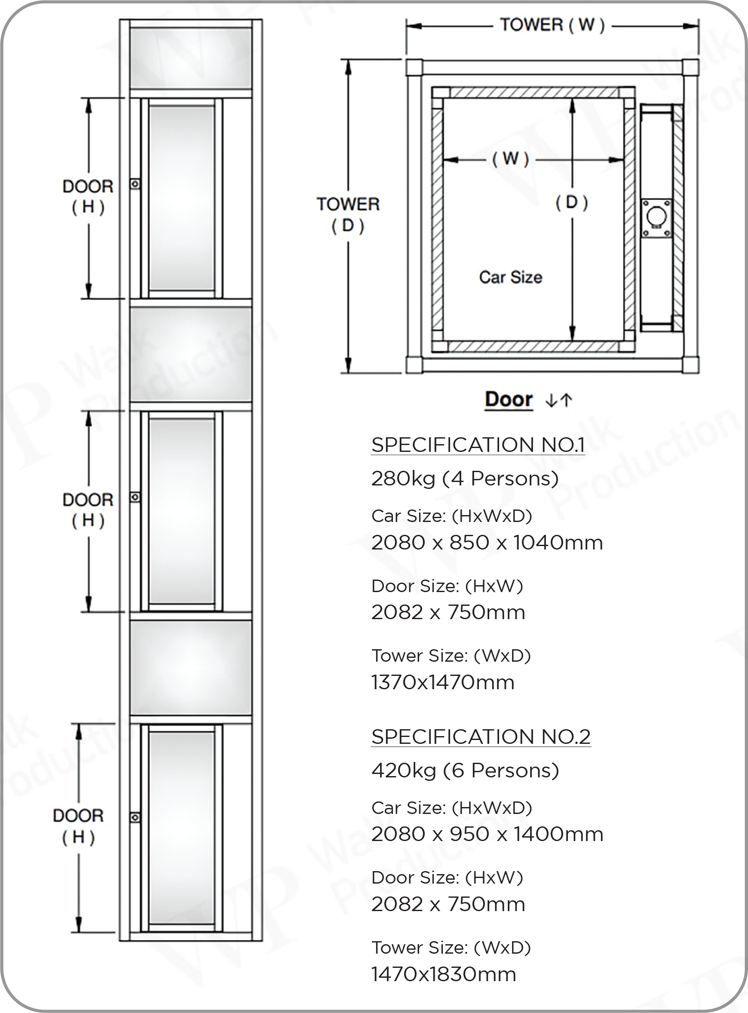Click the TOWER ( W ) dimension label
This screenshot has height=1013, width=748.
pos(552,25)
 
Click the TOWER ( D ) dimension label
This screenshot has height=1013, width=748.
pos(348,215)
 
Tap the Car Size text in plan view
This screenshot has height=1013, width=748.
pos(510,277)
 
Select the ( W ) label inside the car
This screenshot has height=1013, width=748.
pos(510,159)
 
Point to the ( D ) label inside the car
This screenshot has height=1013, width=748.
pos(572,203)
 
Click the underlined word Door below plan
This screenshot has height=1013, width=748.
pos(509,399)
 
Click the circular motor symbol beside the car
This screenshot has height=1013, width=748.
pos(656,216)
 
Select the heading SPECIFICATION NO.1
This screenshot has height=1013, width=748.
pos(478,445)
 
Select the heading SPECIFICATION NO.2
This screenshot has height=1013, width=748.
pos(481,737)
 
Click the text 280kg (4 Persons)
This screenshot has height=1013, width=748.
pos(465,478)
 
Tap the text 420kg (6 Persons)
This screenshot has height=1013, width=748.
pos(465,770)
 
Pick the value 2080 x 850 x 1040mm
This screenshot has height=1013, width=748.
pos(487,543)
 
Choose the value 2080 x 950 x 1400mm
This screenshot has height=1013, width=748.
pos(487,834)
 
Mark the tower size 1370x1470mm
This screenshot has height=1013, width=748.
pos(443,682)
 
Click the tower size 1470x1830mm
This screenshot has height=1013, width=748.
pos(444,974)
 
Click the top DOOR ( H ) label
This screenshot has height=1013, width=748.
pos(88,196)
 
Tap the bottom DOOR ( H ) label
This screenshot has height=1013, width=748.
pos(78,826)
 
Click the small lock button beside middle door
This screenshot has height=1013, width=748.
pos(135,497)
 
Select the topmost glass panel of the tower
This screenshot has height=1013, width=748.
pos(190,58)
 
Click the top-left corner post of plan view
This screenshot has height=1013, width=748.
pos(414,68)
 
